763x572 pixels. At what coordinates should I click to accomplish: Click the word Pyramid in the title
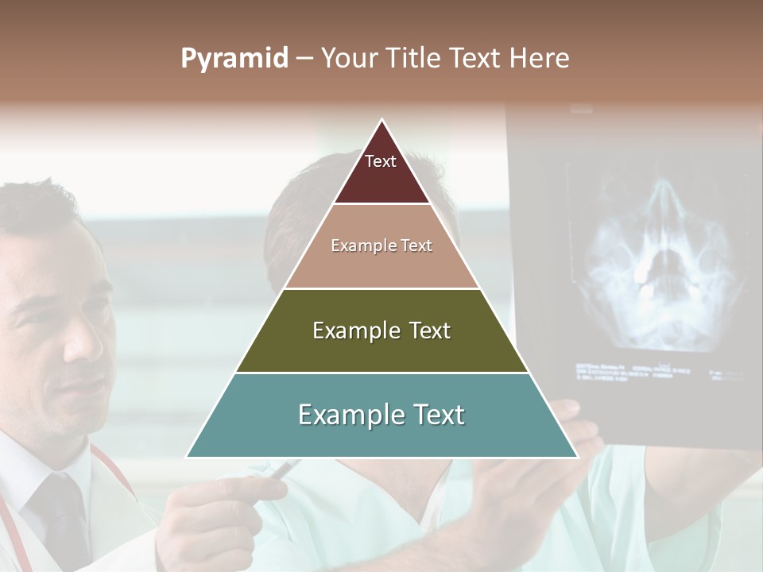point(234,59)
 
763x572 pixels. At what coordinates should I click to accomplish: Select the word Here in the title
point(540,59)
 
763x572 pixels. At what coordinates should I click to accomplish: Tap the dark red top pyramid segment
point(381,179)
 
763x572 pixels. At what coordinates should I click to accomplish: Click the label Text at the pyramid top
point(381,161)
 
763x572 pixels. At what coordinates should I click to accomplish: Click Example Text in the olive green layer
point(381,330)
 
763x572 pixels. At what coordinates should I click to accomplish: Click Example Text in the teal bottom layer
point(381,415)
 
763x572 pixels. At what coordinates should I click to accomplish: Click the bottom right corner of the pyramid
point(576,457)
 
